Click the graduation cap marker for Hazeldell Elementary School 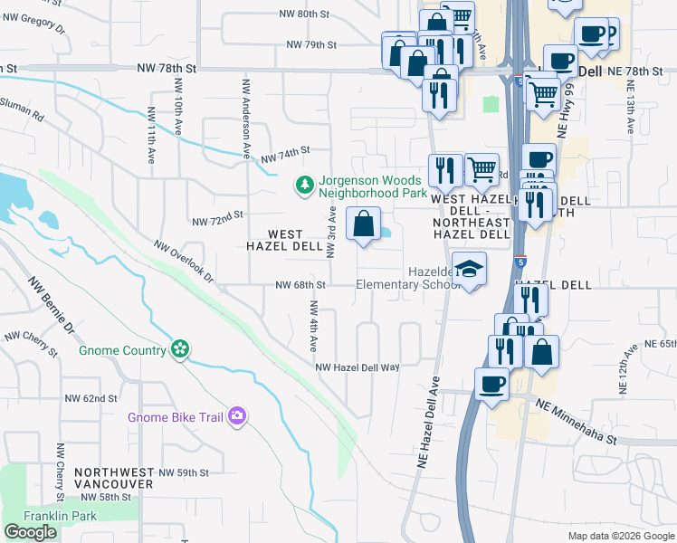coord(469,269)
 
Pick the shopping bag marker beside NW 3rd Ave coord(363,224)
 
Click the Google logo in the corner coord(30,532)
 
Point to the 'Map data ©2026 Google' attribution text coord(621,536)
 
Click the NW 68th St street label coord(300,285)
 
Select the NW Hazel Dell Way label coord(358,367)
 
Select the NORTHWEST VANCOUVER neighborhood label coord(114,479)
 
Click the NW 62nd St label coord(91,398)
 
